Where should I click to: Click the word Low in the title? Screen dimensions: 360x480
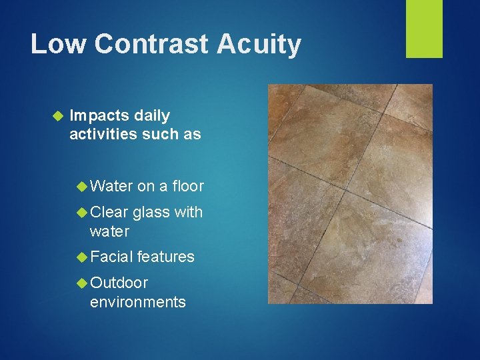pyautogui.click(x=58, y=45)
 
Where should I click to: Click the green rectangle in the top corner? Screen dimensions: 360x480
pyautogui.click(x=424, y=29)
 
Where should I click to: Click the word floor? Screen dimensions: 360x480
pyautogui.click(x=188, y=187)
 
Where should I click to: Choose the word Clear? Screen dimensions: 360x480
pyautogui.click(x=109, y=213)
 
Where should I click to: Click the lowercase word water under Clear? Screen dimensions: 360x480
pyautogui.click(x=109, y=231)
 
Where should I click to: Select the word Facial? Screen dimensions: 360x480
pyautogui.click(x=111, y=257)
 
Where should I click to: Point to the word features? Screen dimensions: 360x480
pyautogui.click(x=166, y=257)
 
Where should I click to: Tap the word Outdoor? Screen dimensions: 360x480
pyautogui.click(x=119, y=283)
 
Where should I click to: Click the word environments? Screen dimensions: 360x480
pyautogui.click(x=138, y=302)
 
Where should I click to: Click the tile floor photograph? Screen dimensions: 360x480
pyautogui.click(x=350, y=193)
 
